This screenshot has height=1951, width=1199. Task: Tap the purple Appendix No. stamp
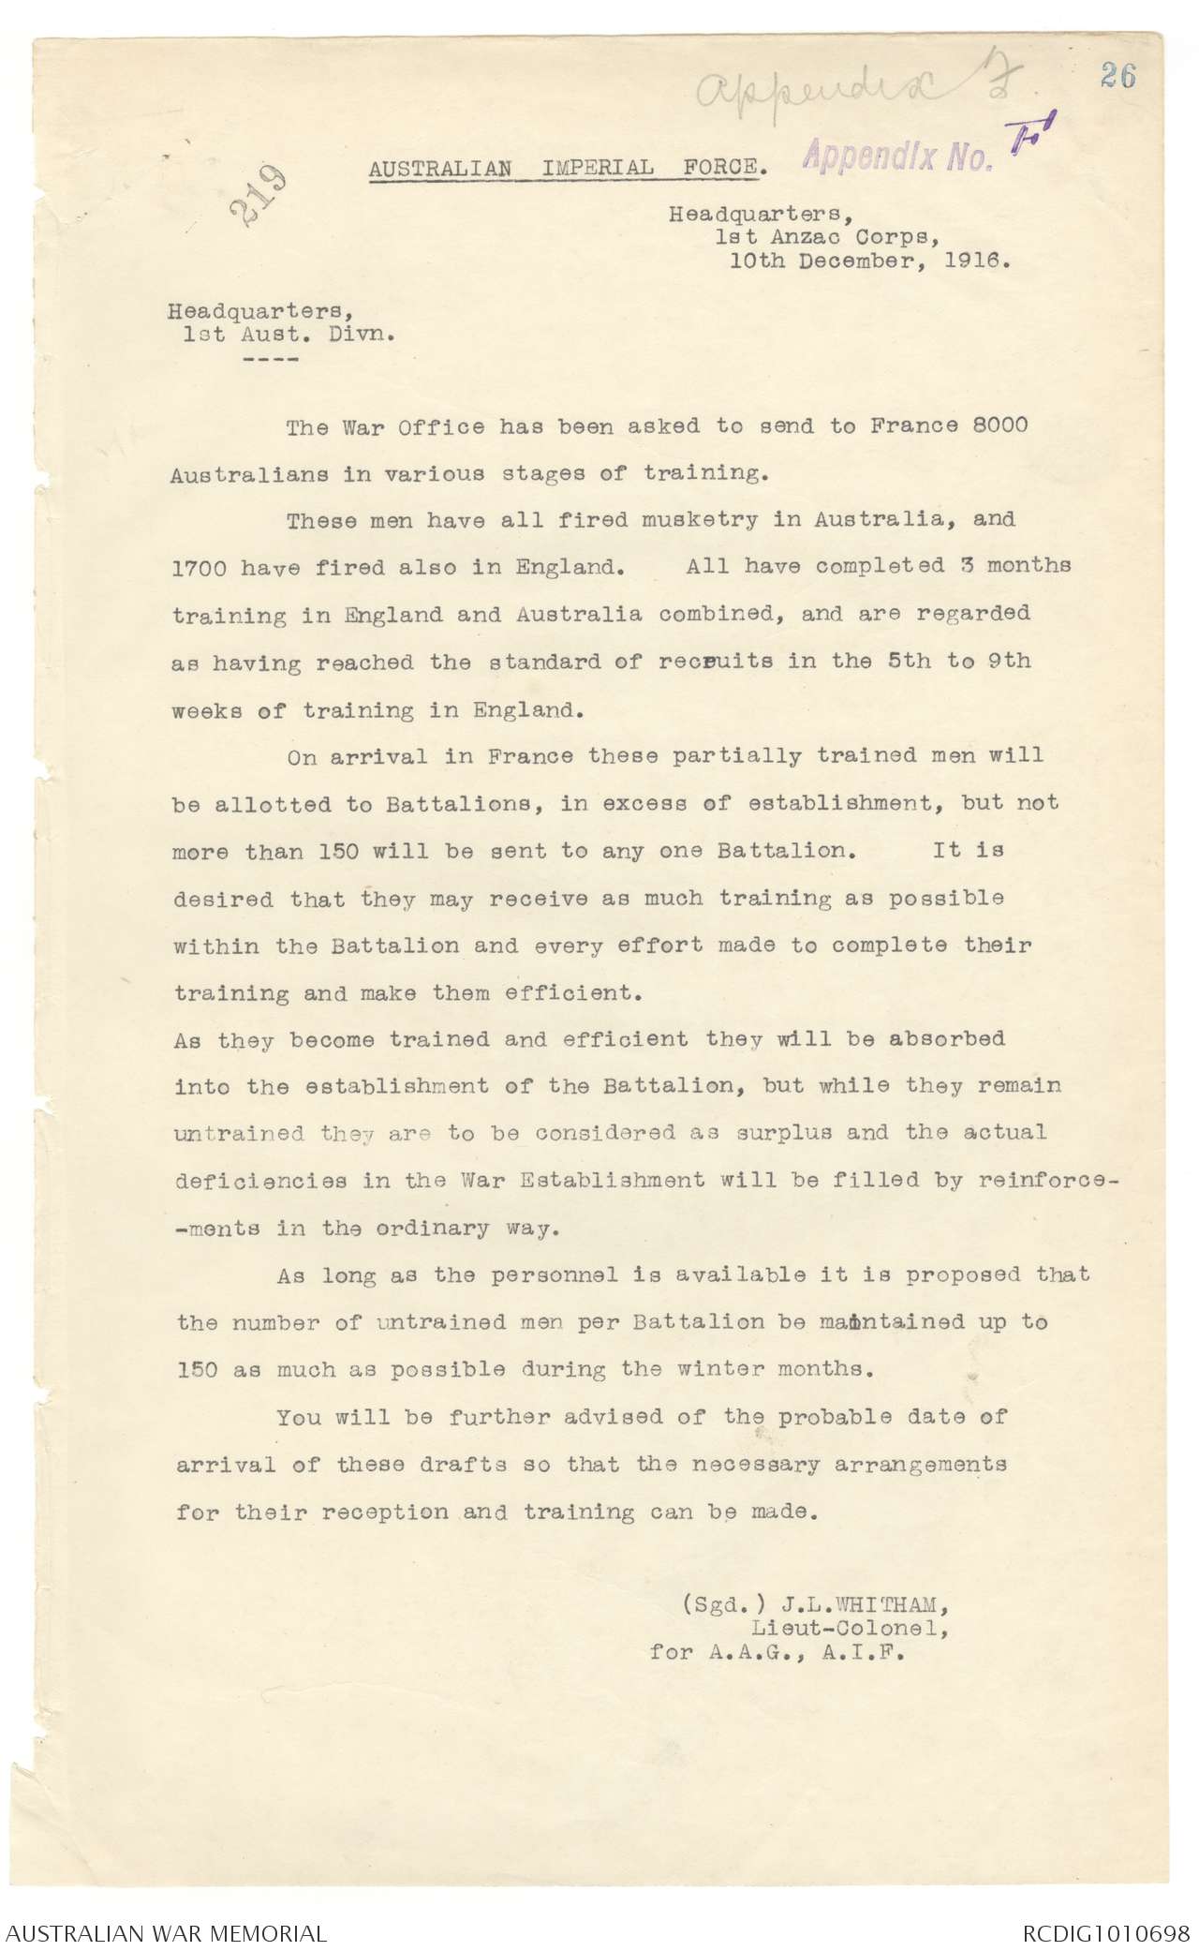point(897,156)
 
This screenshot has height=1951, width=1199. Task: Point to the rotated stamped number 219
point(256,196)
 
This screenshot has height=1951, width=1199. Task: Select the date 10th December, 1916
point(870,261)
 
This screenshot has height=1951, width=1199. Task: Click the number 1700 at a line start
point(197,567)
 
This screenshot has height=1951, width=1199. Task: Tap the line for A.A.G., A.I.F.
point(777,1653)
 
